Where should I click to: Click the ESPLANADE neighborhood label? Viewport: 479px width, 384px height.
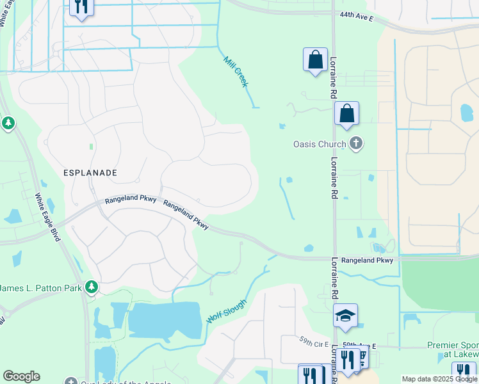coord(90,173)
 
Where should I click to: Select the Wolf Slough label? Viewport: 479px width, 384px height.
coord(226,311)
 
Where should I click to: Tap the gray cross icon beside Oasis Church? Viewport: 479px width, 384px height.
coord(357,144)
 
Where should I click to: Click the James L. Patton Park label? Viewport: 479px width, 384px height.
coord(40,288)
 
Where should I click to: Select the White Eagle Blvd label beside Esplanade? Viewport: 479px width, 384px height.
coord(47,217)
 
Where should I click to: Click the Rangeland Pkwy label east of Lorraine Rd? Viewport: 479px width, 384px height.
coord(367,260)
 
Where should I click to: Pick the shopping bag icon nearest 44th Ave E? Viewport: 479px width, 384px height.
coord(315,60)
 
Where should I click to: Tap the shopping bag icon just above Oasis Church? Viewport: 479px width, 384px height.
coord(346,114)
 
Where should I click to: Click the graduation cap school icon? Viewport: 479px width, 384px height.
coord(345,316)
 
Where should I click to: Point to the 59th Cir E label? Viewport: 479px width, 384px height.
coord(313,339)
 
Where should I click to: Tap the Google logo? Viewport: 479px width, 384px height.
coord(21,376)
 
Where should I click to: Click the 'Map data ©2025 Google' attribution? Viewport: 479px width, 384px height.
coord(440,379)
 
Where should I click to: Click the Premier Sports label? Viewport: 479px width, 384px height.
coord(453,346)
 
